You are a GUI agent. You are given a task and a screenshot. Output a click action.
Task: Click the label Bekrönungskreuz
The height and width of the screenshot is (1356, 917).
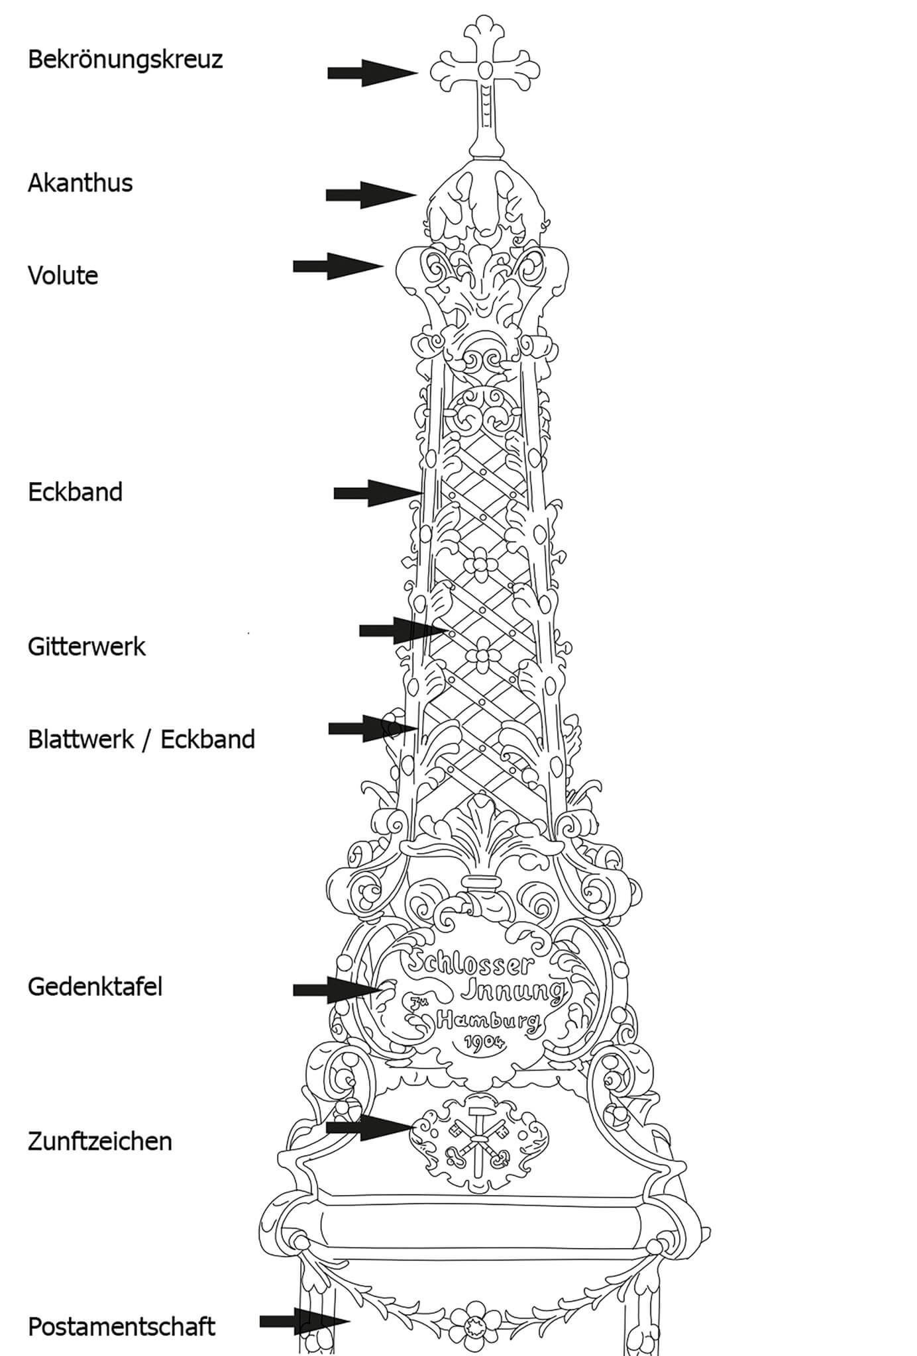(x=125, y=60)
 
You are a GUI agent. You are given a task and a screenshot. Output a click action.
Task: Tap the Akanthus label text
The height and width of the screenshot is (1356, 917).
(x=80, y=183)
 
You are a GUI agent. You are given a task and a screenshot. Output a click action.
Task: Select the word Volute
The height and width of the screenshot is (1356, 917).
(x=63, y=275)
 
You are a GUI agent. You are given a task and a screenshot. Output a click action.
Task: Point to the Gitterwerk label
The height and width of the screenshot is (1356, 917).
(x=87, y=647)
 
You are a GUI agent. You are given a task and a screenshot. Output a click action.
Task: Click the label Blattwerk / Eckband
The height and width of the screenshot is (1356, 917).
(x=141, y=740)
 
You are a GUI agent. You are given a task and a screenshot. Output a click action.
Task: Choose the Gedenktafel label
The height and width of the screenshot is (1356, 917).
(x=95, y=987)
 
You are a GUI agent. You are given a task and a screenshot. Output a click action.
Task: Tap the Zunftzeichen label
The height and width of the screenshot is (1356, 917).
(x=99, y=1141)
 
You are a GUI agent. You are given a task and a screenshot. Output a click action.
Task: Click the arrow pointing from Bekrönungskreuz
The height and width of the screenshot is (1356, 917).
(x=372, y=73)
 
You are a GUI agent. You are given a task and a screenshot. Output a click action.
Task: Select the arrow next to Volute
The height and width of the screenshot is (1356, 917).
(x=338, y=266)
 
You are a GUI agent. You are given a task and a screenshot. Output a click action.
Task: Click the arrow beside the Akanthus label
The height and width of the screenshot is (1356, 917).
(x=370, y=195)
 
